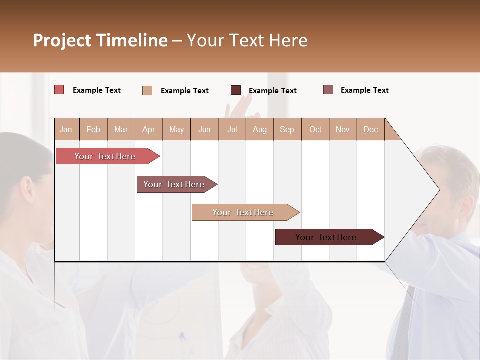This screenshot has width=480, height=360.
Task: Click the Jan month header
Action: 66,129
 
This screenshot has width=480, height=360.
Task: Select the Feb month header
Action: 93,129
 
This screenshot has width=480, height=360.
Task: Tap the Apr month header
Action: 148,129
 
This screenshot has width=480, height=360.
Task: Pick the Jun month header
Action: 204,129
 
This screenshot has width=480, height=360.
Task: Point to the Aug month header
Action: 259,129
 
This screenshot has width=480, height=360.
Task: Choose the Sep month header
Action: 287,129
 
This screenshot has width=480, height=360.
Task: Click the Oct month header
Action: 315,129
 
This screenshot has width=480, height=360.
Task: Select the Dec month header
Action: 370,129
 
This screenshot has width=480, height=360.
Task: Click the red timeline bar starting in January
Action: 105,156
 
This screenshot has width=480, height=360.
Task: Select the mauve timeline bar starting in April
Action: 174,184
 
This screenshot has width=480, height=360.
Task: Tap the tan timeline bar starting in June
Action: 243,212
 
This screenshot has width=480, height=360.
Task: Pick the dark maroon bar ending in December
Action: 326,237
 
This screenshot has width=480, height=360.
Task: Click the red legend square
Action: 59,90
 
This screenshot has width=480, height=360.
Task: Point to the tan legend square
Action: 147,90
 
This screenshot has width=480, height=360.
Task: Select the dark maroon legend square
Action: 236,90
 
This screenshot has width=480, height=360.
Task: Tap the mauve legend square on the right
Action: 328,90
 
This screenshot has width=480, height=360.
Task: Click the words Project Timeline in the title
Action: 100,40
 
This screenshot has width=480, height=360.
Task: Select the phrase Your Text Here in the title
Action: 247,40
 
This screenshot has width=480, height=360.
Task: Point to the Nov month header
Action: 343,129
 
